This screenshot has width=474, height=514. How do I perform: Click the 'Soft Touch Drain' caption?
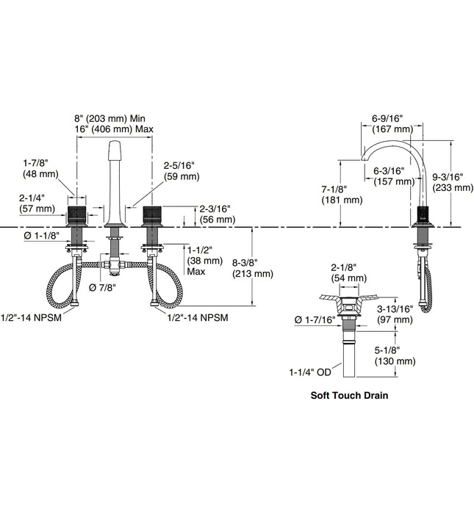[x=349, y=395]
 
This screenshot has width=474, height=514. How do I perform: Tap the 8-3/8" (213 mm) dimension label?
[x=253, y=268]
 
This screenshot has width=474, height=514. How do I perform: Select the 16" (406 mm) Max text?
[x=115, y=128]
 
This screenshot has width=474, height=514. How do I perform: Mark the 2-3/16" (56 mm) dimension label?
[x=214, y=213]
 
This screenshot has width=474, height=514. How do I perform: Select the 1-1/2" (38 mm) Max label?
[x=205, y=260]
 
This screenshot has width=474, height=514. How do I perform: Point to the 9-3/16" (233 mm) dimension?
[x=453, y=182]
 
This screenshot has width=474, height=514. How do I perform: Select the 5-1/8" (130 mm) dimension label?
[x=395, y=356]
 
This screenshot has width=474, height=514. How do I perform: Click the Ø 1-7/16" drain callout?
[x=315, y=320]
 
